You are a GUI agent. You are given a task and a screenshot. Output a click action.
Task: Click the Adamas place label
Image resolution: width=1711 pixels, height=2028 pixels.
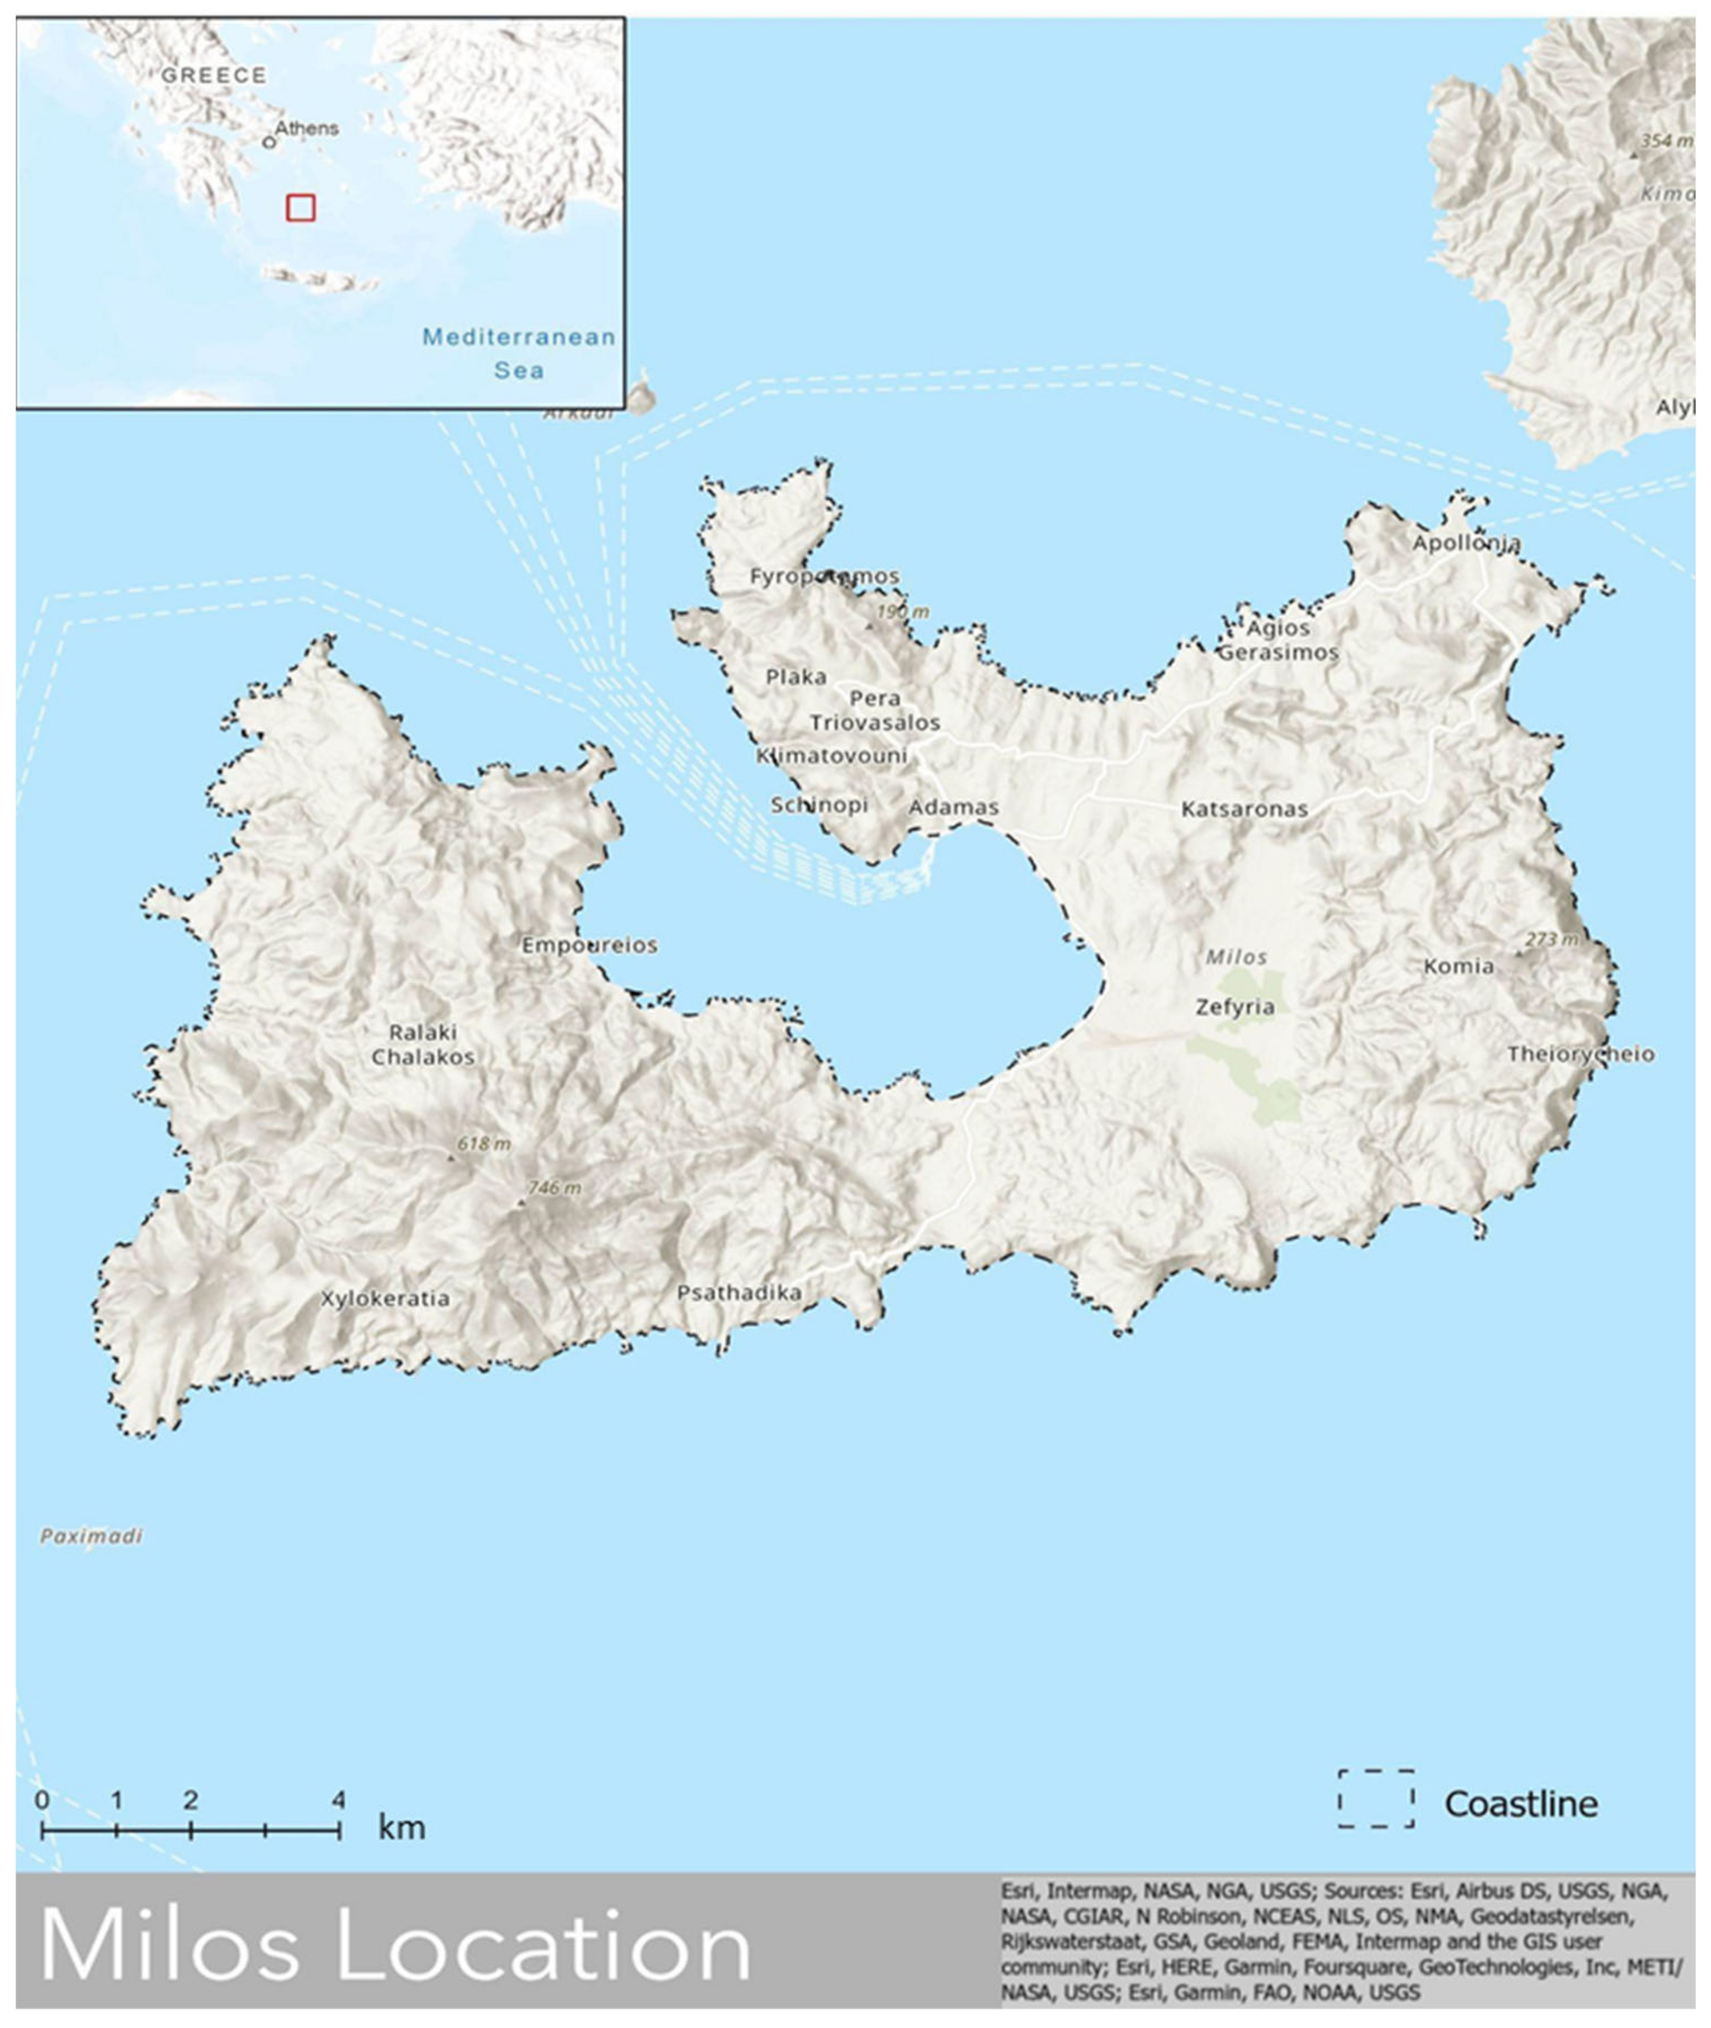click(953, 807)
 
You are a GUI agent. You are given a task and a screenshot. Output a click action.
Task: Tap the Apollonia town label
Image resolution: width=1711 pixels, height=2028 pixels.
click(1466, 543)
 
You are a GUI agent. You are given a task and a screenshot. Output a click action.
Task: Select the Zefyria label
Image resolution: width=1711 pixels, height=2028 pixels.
click(1235, 1007)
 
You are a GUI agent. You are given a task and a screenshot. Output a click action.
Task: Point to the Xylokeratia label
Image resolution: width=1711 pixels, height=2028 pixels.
click(385, 1299)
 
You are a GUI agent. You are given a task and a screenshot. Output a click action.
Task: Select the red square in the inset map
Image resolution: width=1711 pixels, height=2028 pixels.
click(301, 207)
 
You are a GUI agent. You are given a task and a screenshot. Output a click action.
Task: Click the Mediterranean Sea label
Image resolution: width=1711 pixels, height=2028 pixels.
click(519, 353)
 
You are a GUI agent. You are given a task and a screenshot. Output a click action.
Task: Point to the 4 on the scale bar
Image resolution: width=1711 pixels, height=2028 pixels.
click(338, 1800)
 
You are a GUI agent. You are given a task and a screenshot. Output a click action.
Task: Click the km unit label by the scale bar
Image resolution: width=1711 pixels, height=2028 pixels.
click(402, 1828)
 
